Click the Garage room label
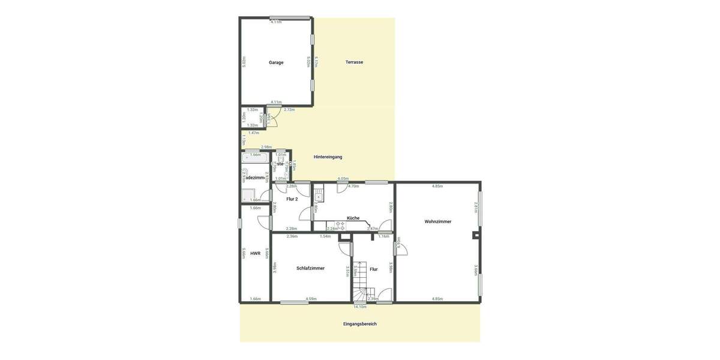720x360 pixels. click(x=276, y=62)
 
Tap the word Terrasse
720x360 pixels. click(x=354, y=62)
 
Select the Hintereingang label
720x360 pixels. click(x=328, y=157)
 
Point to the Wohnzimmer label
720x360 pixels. click(x=438, y=222)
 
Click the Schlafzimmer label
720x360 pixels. click(x=310, y=268)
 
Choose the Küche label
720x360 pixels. click(x=353, y=218)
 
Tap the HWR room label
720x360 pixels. click(x=256, y=254)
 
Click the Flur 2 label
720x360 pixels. click(x=292, y=199)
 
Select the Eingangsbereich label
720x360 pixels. click(x=360, y=324)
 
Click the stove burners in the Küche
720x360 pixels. click(x=340, y=225)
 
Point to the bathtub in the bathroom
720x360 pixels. click(x=256, y=158)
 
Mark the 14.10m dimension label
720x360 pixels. click(x=360, y=307)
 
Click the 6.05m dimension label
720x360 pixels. click(x=343, y=179)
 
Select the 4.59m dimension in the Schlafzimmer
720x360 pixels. click(x=311, y=299)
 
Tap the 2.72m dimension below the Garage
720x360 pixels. click(x=289, y=110)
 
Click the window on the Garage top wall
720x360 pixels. click(x=285, y=17)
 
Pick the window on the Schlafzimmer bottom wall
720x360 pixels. click(x=294, y=302)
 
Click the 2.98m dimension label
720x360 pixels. click(x=266, y=147)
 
